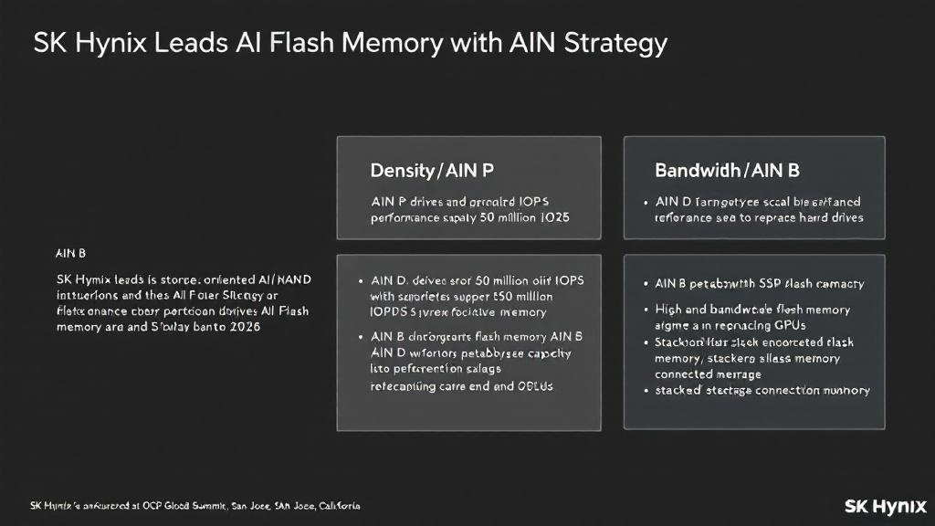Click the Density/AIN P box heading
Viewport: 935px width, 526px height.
[x=433, y=170]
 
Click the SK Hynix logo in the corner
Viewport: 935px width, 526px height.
[x=886, y=506]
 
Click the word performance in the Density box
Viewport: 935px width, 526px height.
[x=406, y=218]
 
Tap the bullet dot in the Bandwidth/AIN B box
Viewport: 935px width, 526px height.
[x=646, y=202]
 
